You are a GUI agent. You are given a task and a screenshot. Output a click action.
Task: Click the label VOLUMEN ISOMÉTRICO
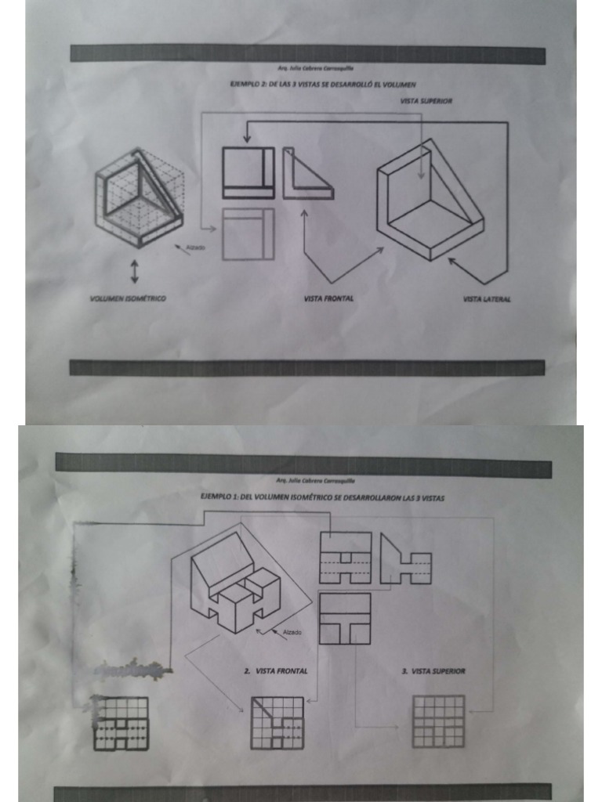pyautogui.click(x=128, y=298)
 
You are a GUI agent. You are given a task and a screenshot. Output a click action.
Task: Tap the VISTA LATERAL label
pyautogui.click(x=486, y=299)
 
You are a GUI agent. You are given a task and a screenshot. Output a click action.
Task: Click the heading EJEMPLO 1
pyautogui.click(x=323, y=498)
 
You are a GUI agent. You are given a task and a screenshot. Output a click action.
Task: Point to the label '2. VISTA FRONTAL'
pyautogui.click(x=276, y=671)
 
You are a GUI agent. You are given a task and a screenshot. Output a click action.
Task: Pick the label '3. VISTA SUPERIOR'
pyautogui.click(x=433, y=671)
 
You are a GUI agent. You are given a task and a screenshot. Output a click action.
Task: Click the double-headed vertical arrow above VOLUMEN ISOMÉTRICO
pyautogui.click(x=134, y=271)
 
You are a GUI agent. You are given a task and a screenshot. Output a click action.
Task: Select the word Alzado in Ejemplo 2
pyautogui.click(x=196, y=247)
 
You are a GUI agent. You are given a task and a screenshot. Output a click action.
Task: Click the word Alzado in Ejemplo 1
pyautogui.click(x=292, y=632)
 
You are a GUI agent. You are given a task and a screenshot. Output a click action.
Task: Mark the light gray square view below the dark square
pyautogui.click(x=248, y=234)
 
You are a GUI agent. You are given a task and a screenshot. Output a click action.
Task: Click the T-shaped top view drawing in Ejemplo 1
pyautogui.click(x=344, y=618)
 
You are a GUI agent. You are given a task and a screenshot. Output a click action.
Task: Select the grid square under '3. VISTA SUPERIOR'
pyautogui.click(x=438, y=721)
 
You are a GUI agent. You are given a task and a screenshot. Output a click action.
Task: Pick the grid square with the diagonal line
pyautogui.click(x=277, y=722)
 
